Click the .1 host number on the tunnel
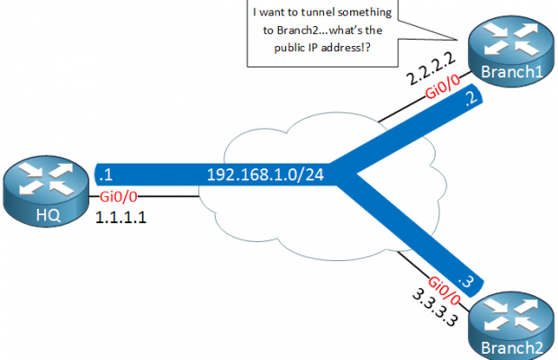(x=105, y=172)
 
